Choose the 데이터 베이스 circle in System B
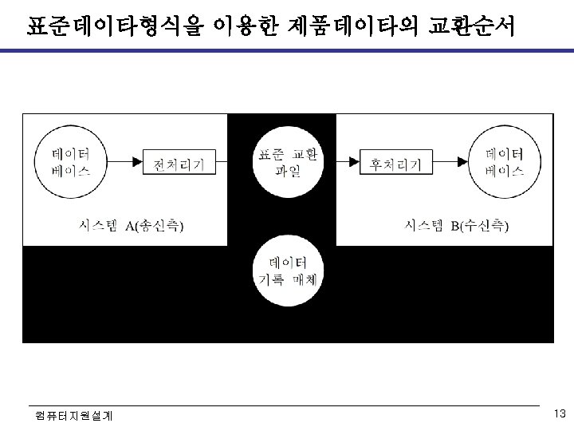coord(504,161)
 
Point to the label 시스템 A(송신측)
coord(132,226)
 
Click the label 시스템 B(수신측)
coord(457,226)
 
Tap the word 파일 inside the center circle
coord(288,171)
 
